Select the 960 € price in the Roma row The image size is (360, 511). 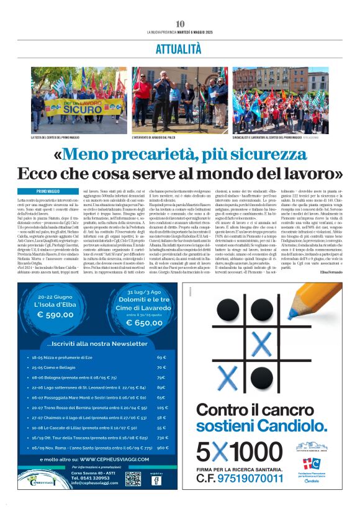click(x=163, y=447)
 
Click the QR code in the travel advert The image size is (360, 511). click(x=133, y=479)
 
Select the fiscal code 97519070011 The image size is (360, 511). click(x=248, y=478)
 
